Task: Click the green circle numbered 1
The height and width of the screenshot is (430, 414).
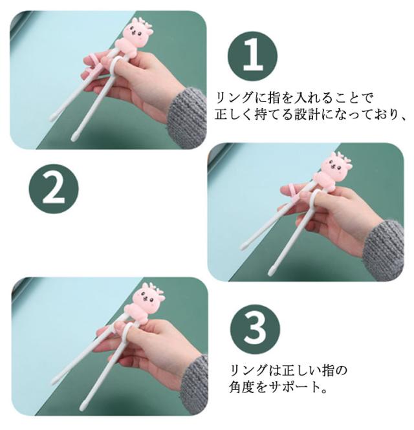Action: (252, 56)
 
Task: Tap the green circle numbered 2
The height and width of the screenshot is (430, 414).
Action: (54, 189)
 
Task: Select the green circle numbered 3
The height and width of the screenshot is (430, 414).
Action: (255, 329)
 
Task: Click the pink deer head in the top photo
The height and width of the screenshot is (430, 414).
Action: (136, 31)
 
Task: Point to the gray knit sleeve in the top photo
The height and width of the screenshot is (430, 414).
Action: (187, 118)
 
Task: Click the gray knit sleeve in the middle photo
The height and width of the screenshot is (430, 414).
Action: (384, 250)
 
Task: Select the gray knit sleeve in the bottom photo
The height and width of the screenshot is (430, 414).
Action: (194, 384)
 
